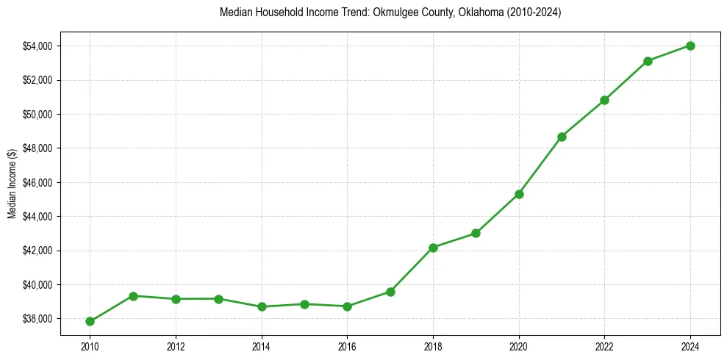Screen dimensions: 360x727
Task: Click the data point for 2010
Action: click(90, 321)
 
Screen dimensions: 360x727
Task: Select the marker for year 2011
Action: click(133, 296)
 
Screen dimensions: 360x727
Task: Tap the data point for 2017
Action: click(390, 292)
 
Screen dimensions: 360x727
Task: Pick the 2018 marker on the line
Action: click(433, 248)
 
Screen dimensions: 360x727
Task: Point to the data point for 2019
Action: click(476, 233)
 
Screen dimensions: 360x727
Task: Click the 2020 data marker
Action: click(519, 194)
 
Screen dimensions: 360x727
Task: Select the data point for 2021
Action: click(562, 137)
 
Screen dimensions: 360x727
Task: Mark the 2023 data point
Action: click(648, 61)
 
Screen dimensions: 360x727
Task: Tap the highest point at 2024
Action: click(690, 46)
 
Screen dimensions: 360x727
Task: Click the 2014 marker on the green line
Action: click(262, 306)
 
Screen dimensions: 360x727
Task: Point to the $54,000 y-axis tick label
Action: click(37, 46)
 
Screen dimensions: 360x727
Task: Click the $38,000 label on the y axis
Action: click(37, 319)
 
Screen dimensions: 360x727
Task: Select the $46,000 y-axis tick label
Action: click(37, 182)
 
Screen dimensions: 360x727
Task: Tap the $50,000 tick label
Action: click(37, 115)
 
